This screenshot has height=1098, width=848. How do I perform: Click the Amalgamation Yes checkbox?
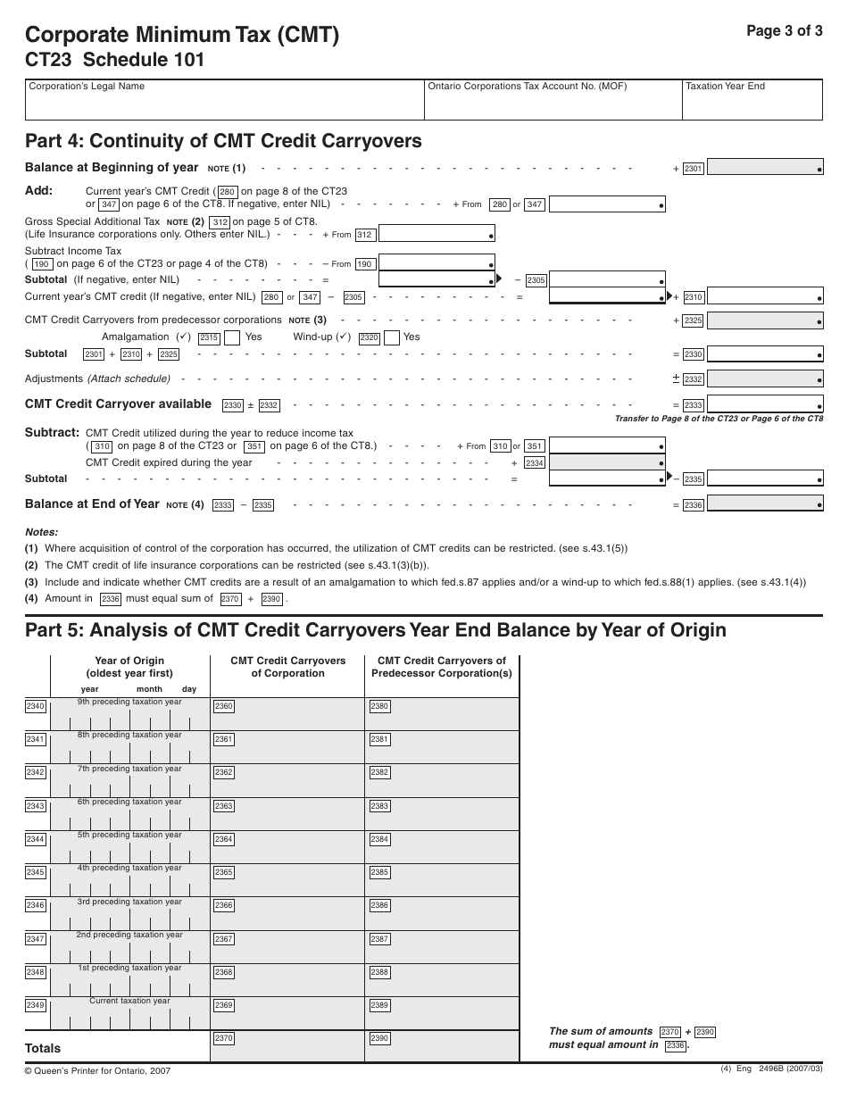(230, 337)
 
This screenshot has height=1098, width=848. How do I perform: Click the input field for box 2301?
(765, 168)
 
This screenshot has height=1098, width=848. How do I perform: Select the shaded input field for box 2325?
(765, 320)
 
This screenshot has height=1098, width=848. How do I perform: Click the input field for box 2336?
(765, 505)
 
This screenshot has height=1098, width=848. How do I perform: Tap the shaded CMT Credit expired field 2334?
(607, 463)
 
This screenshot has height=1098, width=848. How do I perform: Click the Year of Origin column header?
(129, 667)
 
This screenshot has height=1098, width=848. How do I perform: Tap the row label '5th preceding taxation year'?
(129, 835)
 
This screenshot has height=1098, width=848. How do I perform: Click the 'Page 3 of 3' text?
(784, 29)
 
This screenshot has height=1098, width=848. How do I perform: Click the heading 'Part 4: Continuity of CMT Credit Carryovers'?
(223, 141)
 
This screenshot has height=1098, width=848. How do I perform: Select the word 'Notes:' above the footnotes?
(41, 531)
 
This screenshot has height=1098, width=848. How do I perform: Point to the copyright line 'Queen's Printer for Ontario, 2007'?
(97, 1070)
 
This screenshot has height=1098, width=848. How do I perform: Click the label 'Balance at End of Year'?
(92, 504)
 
